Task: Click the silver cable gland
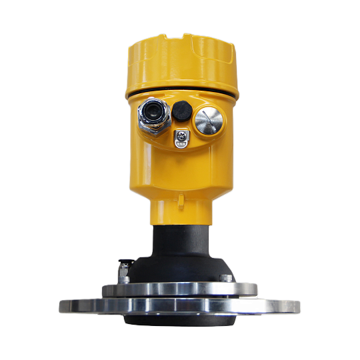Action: point(152,115)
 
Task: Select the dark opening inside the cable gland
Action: point(153,113)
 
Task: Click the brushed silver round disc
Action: point(209,122)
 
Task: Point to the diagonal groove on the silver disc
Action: point(209,122)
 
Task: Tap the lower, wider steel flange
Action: point(180,307)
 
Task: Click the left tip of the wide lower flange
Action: point(60,307)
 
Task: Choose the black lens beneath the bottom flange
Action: point(180,321)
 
